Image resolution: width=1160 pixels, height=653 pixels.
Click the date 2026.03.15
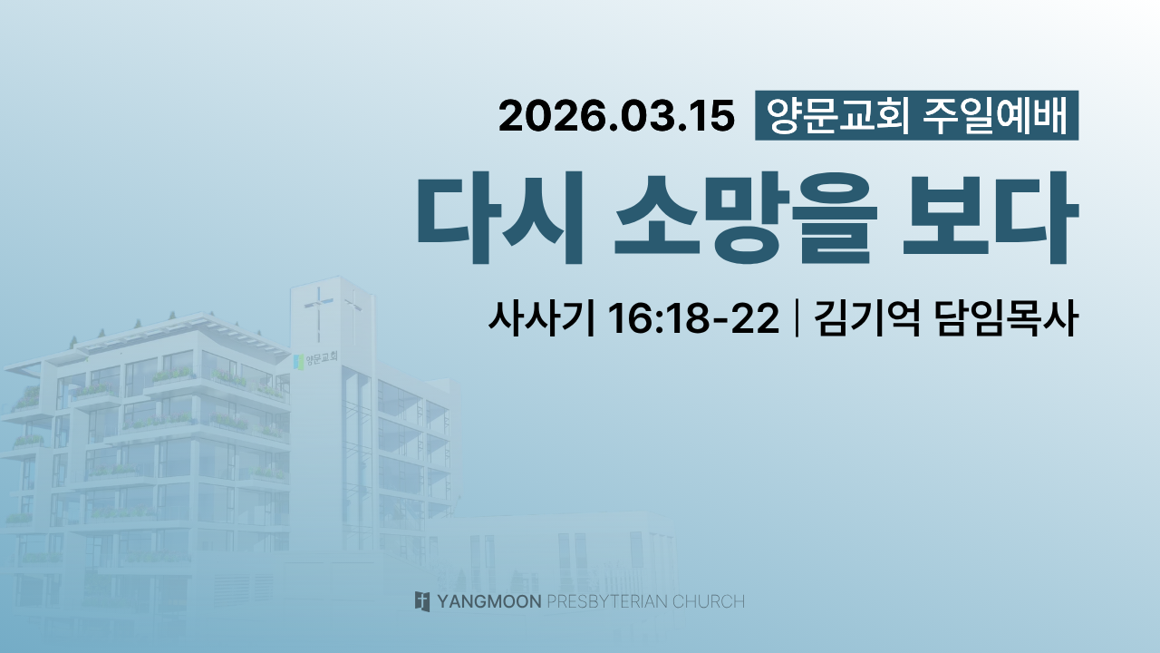pyautogui.click(x=616, y=116)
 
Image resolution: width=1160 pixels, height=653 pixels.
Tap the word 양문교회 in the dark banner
pyautogui.click(x=837, y=115)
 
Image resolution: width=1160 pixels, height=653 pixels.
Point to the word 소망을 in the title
pyautogui.click(x=746, y=217)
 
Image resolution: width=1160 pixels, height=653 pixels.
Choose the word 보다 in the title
pyautogui.click(x=991, y=217)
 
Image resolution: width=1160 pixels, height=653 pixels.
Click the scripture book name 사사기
pyautogui.click(x=542, y=317)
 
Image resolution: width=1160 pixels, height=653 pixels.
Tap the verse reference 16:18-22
pyautogui.click(x=693, y=317)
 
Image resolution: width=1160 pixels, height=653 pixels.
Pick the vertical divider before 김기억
pyautogui.click(x=797, y=317)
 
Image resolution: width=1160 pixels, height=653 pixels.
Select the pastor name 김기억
pyautogui.click(x=867, y=317)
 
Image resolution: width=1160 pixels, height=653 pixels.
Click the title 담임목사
pyautogui.click(x=1007, y=317)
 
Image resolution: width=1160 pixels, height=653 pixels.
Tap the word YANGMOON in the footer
pyautogui.click(x=489, y=601)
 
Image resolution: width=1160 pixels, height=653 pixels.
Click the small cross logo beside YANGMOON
pyautogui.click(x=422, y=601)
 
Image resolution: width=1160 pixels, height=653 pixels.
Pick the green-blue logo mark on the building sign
pyautogui.click(x=298, y=362)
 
